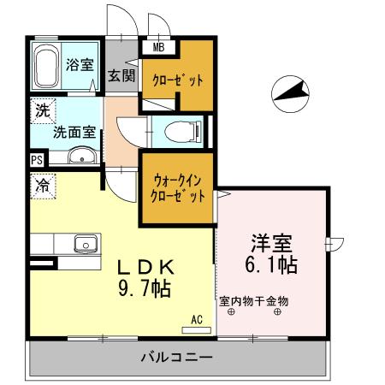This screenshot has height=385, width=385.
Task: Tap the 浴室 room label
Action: (80, 63)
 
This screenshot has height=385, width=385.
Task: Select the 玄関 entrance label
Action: (121, 74)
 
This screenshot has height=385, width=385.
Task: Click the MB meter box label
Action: (158, 48)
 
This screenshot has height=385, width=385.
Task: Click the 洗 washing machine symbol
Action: (42, 110)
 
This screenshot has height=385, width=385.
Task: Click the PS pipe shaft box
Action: (36, 159)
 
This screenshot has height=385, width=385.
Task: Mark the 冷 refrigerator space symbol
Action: (42, 183)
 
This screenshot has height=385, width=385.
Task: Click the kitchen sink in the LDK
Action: (86, 246)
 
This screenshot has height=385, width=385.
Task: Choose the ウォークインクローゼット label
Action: (179, 188)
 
